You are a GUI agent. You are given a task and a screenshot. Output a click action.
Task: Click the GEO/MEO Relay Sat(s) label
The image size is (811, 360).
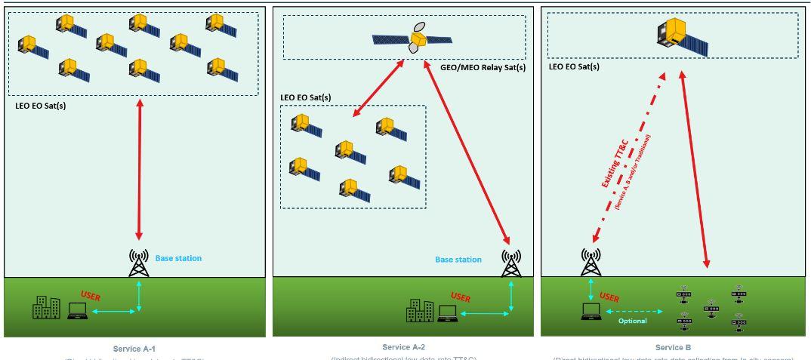pyautogui.click(x=483, y=67)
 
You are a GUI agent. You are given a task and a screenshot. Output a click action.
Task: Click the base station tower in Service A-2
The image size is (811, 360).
pyautogui.click(x=511, y=263)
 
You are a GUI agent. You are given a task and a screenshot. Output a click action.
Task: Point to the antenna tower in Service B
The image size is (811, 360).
pyautogui.click(x=591, y=263)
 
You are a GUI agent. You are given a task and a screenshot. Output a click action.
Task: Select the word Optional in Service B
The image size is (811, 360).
pyautogui.click(x=633, y=321)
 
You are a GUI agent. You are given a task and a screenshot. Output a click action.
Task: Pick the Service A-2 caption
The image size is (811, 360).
pyautogui.click(x=405, y=347)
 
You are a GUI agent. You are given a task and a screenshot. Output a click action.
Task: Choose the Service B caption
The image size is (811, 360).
pyautogui.click(x=674, y=347)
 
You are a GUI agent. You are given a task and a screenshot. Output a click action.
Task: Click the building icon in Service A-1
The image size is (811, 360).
pyautogui.click(x=46, y=306)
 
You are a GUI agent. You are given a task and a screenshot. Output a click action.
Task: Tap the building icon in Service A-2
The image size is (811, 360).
pyautogui.click(x=419, y=311)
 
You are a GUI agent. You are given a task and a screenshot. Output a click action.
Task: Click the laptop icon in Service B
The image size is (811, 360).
pyautogui.click(x=590, y=311)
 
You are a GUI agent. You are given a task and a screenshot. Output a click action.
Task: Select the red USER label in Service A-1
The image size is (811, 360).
pyautogui.click(x=90, y=297)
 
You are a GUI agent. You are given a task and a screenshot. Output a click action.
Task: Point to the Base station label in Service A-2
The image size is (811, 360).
pyautogui.click(x=458, y=260)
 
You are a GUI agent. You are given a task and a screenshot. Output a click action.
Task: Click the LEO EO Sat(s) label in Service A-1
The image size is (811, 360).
pyautogui.click(x=41, y=106)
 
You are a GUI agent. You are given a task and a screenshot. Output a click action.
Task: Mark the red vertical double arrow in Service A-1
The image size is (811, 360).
pyautogui.click(x=139, y=170)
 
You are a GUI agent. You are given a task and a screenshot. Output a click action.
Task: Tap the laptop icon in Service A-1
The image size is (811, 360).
pyautogui.click(x=77, y=310)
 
